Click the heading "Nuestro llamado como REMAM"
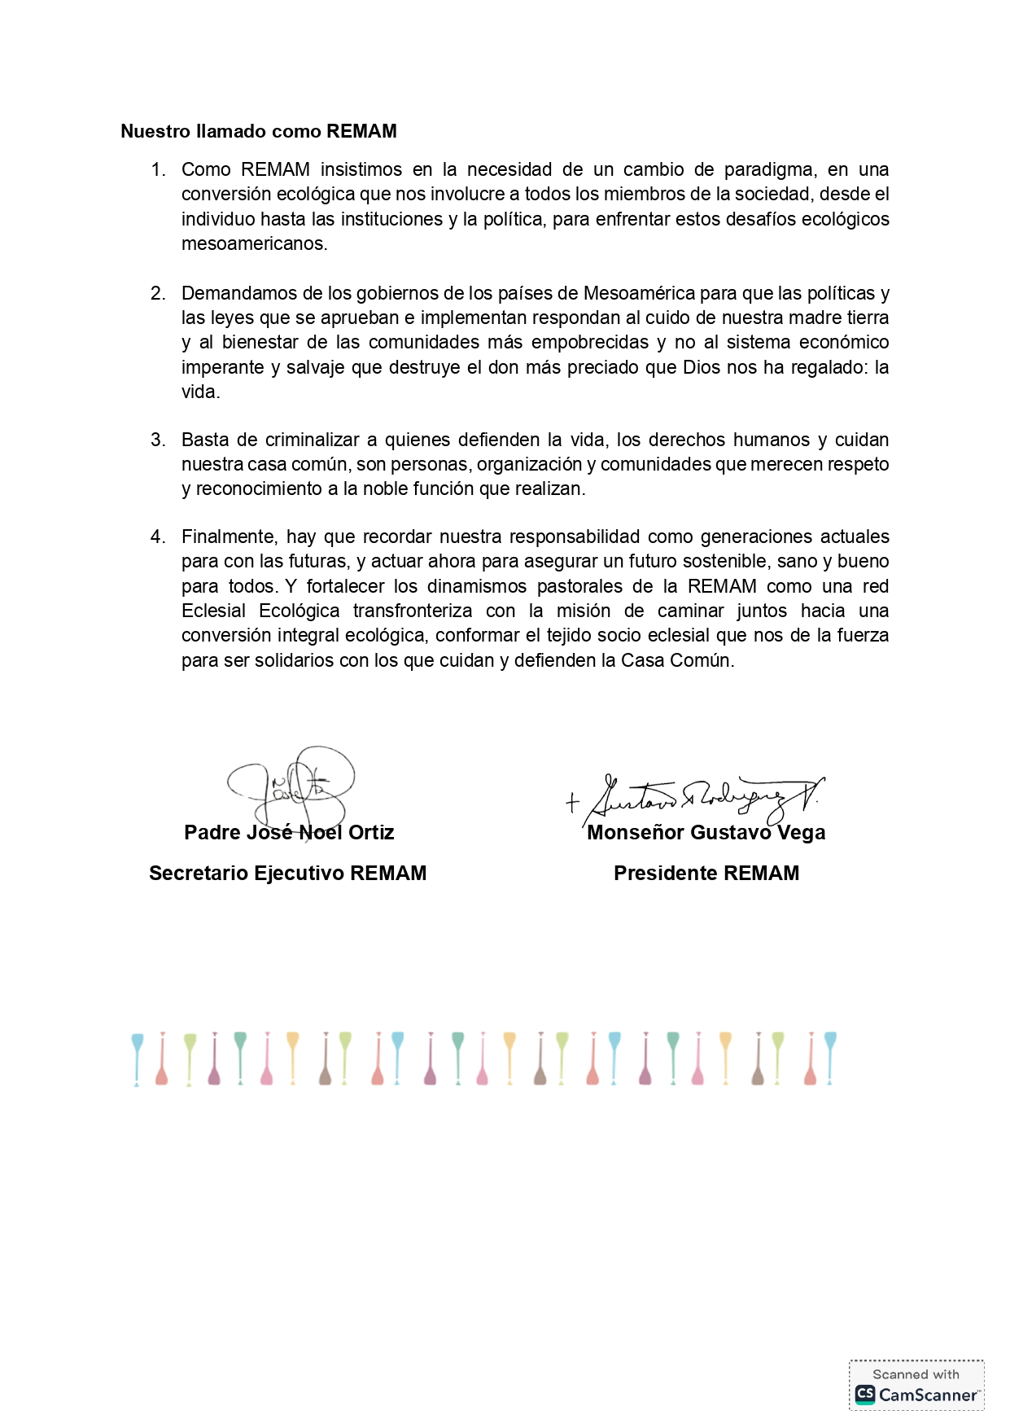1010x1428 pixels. (259, 131)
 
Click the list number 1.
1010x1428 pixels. (158, 169)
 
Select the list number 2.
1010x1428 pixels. (158, 293)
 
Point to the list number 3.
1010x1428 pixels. (158, 440)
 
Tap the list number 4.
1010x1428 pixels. (158, 537)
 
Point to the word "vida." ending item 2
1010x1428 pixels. (200, 392)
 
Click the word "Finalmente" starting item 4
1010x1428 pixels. (230, 537)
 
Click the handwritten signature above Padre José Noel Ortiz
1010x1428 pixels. (293, 783)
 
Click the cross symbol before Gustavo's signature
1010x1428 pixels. (572, 803)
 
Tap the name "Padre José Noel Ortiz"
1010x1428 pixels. (289, 832)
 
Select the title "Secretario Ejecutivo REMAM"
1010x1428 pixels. (287, 873)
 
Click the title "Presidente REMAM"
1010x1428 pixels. (706, 873)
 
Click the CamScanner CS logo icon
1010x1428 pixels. (865, 1394)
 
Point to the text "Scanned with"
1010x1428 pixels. (916, 1374)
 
